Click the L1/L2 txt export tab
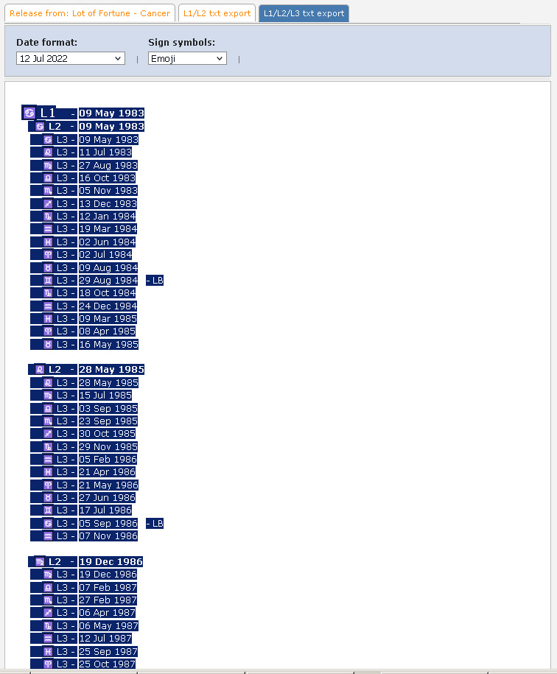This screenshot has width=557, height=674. [217, 13]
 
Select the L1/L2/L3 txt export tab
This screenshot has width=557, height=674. [304, 13]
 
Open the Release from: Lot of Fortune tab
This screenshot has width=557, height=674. [91, 13]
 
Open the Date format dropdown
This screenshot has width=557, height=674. [71, 58]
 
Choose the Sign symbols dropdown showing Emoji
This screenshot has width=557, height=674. [187, 58]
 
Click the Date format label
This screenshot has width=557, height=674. [46, 43]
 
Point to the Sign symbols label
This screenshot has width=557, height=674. [181, 43]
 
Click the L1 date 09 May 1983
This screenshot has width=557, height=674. [111, 113]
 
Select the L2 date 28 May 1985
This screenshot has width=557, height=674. [111, 370]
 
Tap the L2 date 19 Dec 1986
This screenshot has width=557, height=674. [111, 562]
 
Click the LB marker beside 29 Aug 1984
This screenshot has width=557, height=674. [155, 281]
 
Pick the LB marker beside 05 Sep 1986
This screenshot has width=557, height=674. [155, 524]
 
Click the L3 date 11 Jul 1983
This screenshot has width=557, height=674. [105, 152]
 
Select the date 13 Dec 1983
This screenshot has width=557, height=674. [108, 204]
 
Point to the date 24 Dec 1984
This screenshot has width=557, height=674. [108, 306]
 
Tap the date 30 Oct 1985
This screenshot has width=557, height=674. [107, 434]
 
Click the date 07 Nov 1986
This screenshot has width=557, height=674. [108, 536]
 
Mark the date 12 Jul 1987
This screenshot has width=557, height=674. [105, 639]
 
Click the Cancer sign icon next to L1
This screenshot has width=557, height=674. [29, 113]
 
